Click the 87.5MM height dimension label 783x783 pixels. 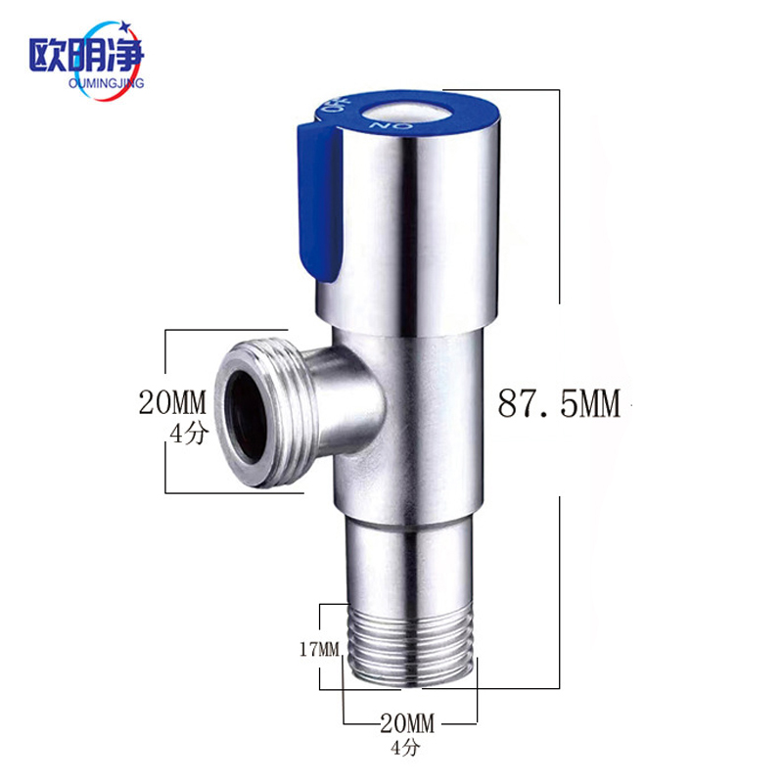click(559, 403)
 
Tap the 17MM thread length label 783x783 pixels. click(319, 649)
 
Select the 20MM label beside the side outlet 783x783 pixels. click(172, 402)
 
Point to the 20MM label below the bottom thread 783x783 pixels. click(407, 722)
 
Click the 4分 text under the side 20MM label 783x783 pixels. click(188, 434)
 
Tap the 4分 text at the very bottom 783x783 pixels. click(405, 748)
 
